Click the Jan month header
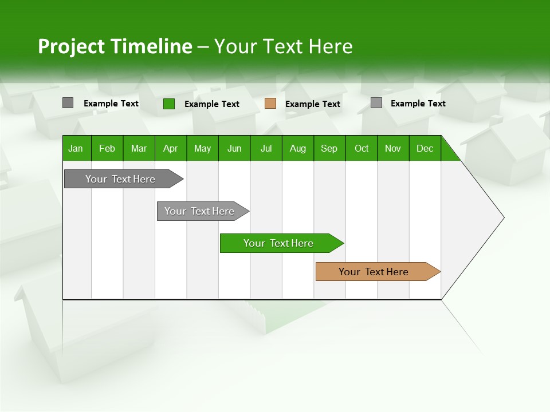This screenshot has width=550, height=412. point(76,149)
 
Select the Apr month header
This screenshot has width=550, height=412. point(170,149)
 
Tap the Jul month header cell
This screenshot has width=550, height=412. point(266,149)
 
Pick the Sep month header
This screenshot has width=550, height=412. point(329,149)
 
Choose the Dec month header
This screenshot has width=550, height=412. point(425,149)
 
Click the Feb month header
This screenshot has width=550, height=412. point(107,149)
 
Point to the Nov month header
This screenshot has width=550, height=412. point(392,149)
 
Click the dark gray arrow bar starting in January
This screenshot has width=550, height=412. point(120,179)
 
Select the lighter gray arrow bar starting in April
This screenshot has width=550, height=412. point(199,211)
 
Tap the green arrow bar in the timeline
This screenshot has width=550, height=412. point(278,243)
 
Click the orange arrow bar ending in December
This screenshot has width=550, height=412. point(374,272)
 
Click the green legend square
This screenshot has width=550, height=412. point(168,104)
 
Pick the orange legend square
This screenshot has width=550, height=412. point(270,104)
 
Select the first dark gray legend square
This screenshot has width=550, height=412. point(68,103)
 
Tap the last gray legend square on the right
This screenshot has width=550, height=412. point(376,103)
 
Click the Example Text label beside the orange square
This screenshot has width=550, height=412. point(313,104)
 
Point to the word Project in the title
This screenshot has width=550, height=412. point(72,47)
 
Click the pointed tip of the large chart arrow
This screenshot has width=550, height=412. point(502,217)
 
